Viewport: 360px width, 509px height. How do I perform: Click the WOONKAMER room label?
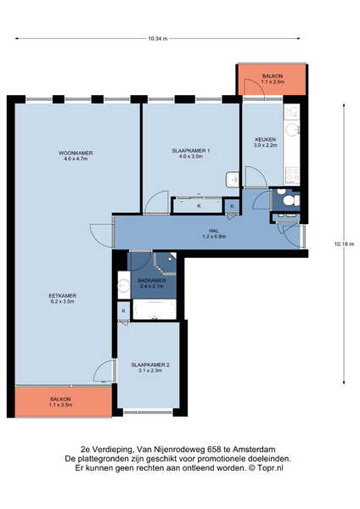(76, 153)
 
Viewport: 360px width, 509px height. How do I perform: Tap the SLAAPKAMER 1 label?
(191, 151)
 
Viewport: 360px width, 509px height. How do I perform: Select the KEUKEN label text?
(265, 140)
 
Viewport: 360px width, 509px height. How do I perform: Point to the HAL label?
(213, 231)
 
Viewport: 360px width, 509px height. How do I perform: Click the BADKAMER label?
(152, 281)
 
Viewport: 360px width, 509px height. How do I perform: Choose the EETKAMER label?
(62, 296)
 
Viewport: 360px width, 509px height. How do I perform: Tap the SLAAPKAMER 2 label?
(150, 365)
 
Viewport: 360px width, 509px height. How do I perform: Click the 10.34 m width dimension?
(158, 38)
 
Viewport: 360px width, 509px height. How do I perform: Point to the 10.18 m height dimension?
(344, 243)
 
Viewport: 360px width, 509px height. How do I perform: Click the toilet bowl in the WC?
(289, 200)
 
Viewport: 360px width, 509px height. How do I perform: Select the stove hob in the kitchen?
(292, 174)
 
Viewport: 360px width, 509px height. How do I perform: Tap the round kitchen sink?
(291, 130)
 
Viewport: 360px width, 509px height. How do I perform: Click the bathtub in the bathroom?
(155, 310)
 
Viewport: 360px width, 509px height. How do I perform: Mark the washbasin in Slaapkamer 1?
(233, 180)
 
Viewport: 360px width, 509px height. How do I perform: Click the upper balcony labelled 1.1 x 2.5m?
(273, 80)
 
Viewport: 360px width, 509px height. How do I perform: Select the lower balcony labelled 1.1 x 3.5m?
(64, 401)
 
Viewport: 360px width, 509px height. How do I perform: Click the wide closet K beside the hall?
(199, 206)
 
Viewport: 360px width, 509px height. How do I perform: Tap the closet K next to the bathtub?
(124, 310)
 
